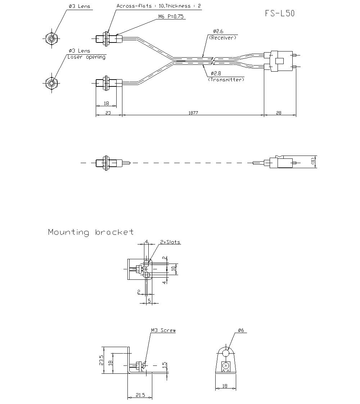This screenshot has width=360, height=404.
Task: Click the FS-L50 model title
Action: (279, 14)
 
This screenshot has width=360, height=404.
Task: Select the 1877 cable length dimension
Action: (193, 113)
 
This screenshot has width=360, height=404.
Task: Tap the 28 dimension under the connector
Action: (279, 113)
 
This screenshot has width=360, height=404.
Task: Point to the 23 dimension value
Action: (108, 113)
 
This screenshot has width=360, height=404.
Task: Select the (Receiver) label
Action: (222, 38)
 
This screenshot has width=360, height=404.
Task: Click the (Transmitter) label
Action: (226, 80)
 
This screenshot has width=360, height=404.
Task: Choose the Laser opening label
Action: (86, 57)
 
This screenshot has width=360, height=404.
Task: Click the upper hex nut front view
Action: (52, 38)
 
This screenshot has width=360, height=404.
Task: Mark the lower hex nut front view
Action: (52, 83)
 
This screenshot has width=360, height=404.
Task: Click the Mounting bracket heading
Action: (91, 232)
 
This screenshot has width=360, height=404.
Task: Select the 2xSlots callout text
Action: (170, 242)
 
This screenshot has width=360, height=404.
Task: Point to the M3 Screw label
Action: (163, 330)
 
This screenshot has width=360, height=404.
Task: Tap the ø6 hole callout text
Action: (241, 330)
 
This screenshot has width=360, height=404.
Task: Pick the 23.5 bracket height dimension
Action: (102, 360)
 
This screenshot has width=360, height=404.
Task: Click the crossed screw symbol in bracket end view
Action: (226, 366)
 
